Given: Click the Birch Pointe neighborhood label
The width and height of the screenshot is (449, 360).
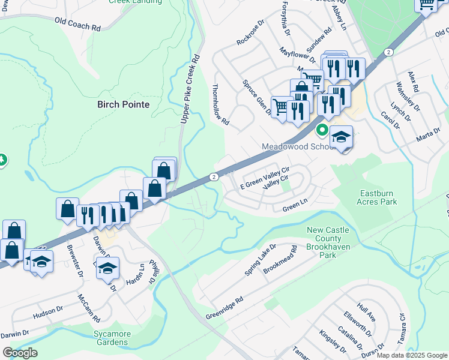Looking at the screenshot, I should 123,104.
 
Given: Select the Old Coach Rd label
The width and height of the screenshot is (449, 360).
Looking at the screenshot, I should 77,24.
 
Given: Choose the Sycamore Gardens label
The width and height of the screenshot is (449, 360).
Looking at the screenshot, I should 111,338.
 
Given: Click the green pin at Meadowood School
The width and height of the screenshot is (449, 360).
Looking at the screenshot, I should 322,130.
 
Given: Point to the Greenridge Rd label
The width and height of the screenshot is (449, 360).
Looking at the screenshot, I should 224,308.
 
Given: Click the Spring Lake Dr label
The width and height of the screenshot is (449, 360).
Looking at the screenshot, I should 260,260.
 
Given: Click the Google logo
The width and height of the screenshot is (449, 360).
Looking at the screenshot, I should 19,353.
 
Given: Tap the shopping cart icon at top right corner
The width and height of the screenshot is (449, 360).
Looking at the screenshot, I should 426,4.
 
